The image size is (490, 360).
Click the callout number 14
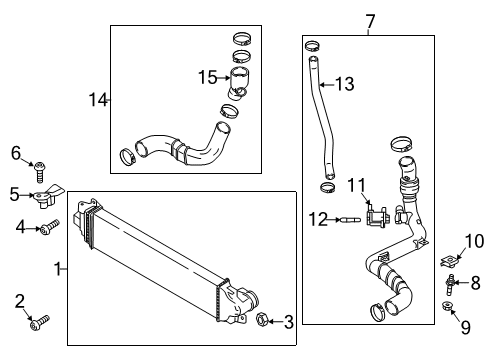tap(99, 100)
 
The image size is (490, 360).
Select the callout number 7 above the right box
tap(370, 22)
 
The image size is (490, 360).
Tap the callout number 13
tap(345, 84)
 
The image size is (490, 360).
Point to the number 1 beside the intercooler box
tap(58, 269)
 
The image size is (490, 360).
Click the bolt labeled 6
tap(39, 172)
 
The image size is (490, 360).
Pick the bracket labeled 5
tap(47, 197)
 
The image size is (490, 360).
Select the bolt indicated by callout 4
tap(49, 226)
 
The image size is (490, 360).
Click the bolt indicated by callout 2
tap(39, 323)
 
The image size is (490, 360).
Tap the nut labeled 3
tap(262, 319)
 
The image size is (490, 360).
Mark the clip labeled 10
tap(448, 261)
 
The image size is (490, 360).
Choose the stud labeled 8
tap(449, 284)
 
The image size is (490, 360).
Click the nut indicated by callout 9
tap(446, 306)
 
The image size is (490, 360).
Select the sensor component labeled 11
tap(376, 216)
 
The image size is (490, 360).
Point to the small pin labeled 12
tap(351, 220)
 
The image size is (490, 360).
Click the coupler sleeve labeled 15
tap(239, 83)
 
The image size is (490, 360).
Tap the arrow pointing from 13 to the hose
tap(327, 85)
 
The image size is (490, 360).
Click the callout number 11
tap(357, 186)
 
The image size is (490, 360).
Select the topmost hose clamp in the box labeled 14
tap(242, 38)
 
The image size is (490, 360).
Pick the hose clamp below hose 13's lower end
tap(328, 188)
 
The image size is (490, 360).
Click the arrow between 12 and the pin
tap(334, 220)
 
